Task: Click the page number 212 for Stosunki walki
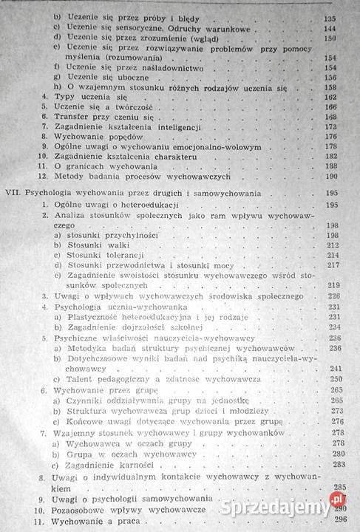[x=333, y=245]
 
